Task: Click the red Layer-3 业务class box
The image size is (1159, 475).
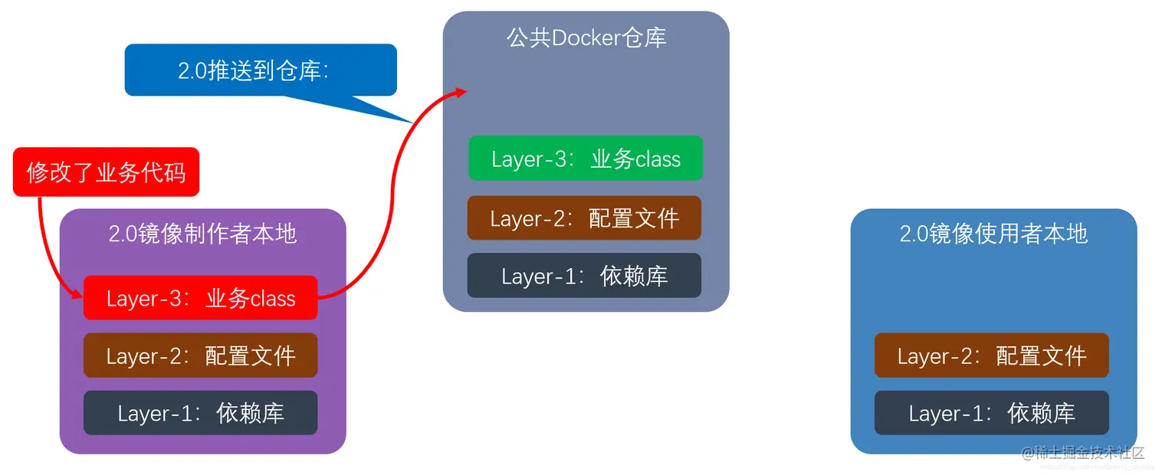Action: [200, 298]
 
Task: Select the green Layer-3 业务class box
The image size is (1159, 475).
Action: [586, 159]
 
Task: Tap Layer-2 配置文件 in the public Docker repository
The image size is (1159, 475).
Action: [584, 218]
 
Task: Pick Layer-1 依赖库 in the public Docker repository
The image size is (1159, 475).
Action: [584, 276]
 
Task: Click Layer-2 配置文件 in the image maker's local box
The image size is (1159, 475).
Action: [200, 355]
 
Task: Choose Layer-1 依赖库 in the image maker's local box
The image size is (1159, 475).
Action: [200, 413]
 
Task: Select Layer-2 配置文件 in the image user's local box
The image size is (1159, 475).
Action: [991, 355]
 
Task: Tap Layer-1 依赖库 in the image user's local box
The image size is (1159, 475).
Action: [991, 413]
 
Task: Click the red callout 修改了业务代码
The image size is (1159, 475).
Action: [106, 172]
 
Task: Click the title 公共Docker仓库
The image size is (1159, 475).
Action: [586, 38]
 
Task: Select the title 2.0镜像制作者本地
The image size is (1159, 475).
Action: [202, 234]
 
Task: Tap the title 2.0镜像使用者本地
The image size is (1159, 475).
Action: [993, 234]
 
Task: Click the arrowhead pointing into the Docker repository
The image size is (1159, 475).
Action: [461, 91]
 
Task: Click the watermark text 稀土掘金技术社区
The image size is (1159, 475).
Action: [1088, 452]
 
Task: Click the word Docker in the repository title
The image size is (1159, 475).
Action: [586, 38]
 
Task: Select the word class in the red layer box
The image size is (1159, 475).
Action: [272, 299]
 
